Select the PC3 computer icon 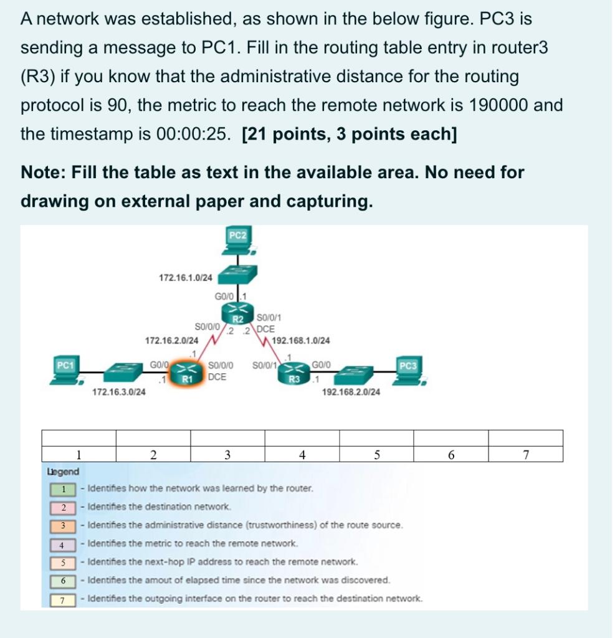408,371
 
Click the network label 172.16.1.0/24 185,277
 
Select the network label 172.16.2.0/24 171,341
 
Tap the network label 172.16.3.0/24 119,392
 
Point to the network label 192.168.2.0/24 351,393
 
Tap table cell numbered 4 302,454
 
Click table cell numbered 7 525,454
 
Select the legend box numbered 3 63,525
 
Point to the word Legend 63,472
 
